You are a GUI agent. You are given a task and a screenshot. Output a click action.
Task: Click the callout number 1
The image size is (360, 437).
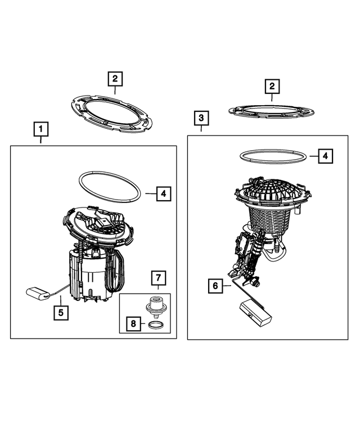point(40,130)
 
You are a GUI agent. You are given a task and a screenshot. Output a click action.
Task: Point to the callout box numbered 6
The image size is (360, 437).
point(214,286)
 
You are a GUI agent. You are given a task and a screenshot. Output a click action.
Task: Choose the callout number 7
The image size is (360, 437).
point(158,278)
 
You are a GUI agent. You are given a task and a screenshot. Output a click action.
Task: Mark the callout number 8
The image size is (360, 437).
point(133,325)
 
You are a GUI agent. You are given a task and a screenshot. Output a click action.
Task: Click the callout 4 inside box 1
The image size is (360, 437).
point(163,194)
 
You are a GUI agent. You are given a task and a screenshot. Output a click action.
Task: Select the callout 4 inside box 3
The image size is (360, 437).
point(325,156)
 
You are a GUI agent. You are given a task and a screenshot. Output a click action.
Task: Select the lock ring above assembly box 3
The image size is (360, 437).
point(272,110)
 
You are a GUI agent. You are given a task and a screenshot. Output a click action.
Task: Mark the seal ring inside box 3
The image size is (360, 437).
point(274,155)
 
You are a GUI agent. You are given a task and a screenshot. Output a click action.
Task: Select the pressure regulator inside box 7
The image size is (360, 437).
point(156,307)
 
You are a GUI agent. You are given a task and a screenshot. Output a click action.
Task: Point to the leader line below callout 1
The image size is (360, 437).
point(40,141)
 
